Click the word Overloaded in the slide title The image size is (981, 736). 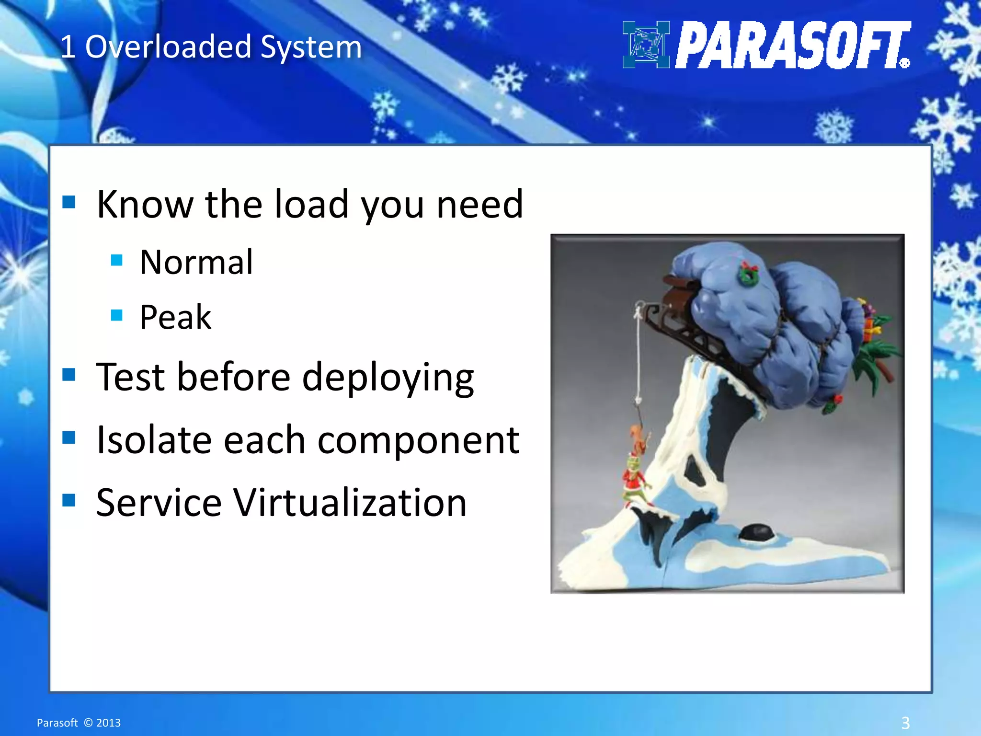point(168,47)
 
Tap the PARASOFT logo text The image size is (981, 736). point(793,46)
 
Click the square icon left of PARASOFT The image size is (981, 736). point(646,45)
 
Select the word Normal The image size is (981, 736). point(196,263)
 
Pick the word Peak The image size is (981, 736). point(175,318)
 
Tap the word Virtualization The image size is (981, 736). point(350,503)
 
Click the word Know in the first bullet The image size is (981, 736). point(145,205)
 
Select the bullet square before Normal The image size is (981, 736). point(117,260)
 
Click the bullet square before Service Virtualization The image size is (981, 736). point(69,500)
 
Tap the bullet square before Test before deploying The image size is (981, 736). point(69,374)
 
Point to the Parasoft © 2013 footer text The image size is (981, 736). point(79,723)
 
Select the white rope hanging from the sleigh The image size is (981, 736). point(639,355)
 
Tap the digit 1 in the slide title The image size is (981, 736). point(68,47)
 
